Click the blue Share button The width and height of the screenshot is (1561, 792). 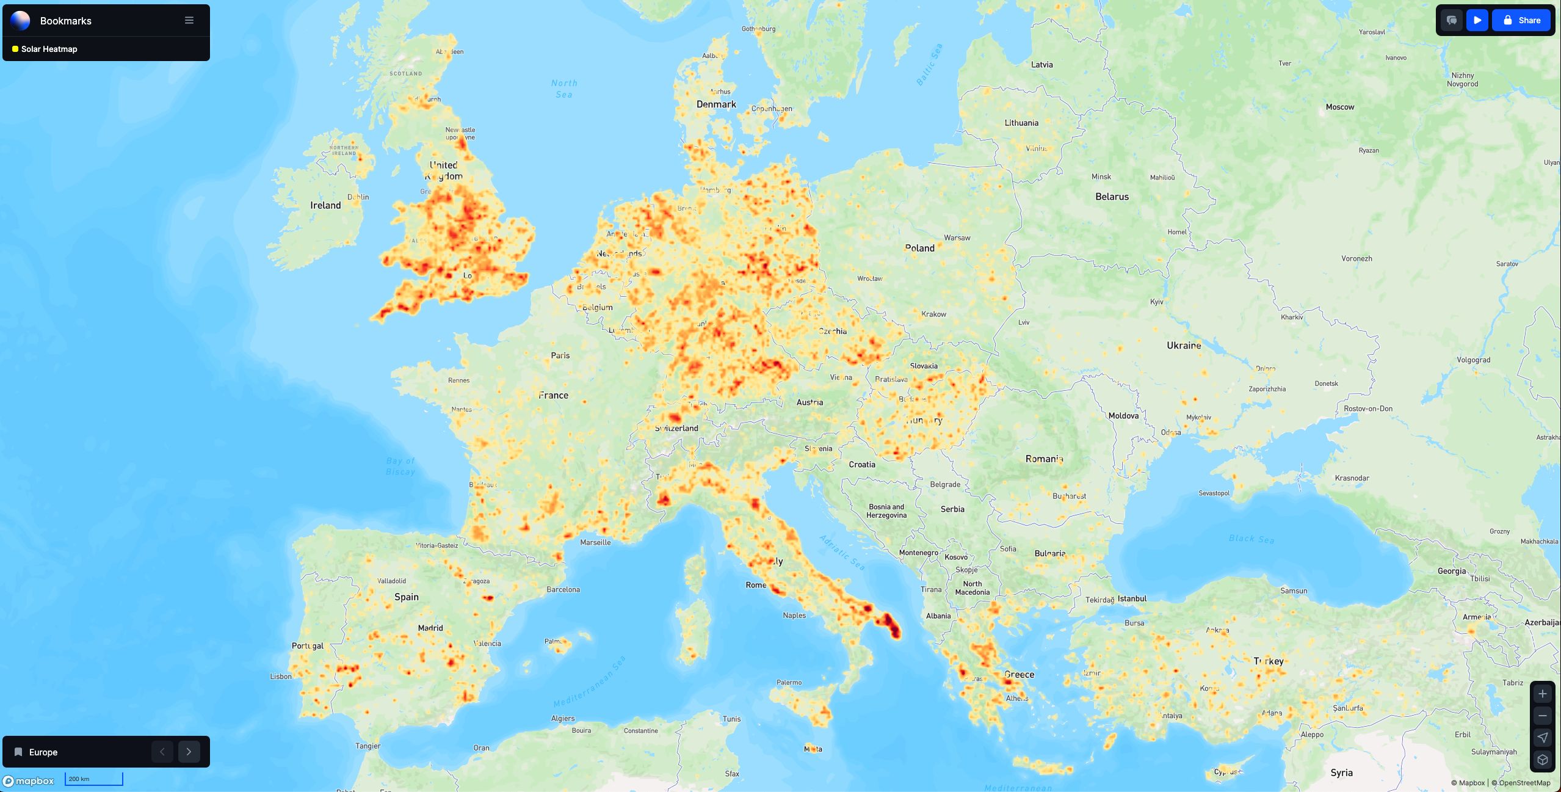click(1521, 20)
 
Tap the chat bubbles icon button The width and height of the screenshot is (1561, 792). click(1452, 20)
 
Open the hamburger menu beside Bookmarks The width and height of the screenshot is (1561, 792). click(189, 20)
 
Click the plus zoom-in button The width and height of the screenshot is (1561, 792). click(1542, 694)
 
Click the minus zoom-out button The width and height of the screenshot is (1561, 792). click(1542, 716)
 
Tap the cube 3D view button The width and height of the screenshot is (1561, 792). click(1542, 760)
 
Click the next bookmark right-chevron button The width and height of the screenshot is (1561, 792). click(189, 752)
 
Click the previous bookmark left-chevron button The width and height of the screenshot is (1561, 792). click(162, 752)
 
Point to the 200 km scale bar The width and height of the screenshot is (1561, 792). click(94, 779)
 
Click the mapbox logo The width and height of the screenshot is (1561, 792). click(29, 781)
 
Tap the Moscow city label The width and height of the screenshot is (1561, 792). click(1339, 107)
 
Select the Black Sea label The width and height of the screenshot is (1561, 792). click(1251, 539)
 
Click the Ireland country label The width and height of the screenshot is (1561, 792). click(325, 205)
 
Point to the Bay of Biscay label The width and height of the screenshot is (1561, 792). click(400, 466)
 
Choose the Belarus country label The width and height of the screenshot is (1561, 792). click(1112, 197)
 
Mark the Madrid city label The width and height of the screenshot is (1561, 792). click(430, 628)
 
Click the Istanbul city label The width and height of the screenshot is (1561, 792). click(1132, 598)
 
